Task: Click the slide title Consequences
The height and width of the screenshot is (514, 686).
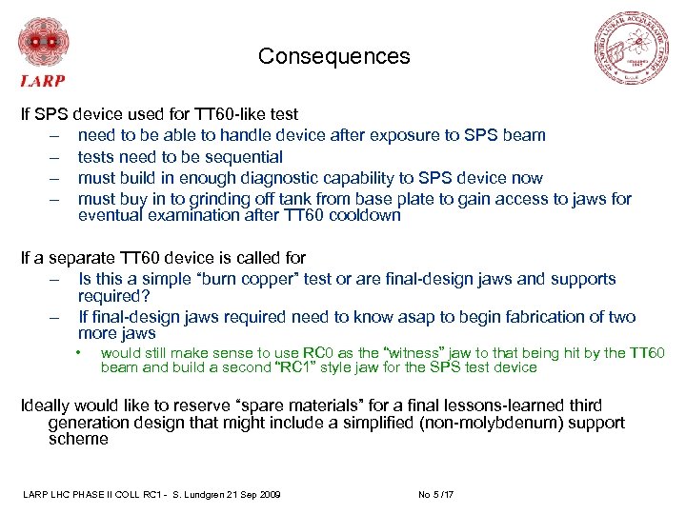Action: tap(333, 56)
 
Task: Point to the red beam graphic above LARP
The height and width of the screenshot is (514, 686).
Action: tap(43, 42)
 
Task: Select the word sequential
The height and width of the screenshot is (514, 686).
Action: tap(245, 157)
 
